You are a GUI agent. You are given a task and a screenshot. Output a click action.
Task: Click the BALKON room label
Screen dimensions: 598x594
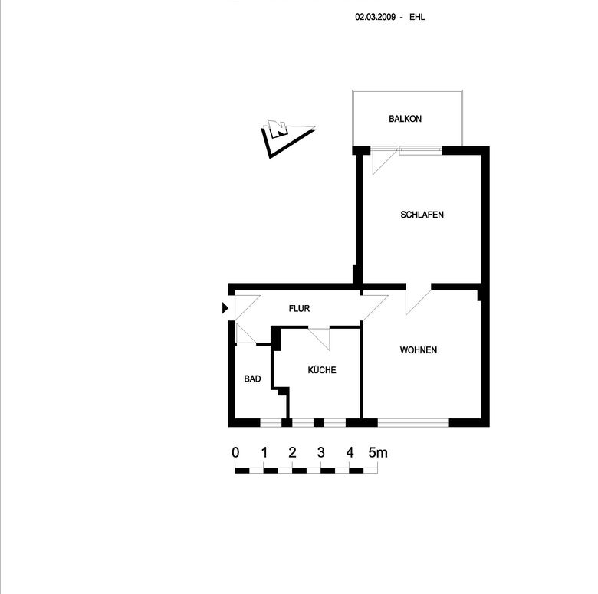(405, 119)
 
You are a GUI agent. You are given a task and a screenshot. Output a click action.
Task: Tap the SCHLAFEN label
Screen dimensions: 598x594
(422, 215)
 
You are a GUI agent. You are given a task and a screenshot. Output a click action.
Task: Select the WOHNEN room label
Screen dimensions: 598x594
(419, 350)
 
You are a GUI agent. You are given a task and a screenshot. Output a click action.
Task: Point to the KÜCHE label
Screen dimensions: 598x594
(322, 370)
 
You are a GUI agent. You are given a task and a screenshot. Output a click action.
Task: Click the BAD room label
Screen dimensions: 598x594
(252, 379)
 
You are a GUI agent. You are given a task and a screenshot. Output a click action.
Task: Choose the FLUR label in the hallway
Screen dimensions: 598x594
(299, 308)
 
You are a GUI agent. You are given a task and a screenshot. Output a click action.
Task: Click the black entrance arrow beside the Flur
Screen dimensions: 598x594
(225, 307)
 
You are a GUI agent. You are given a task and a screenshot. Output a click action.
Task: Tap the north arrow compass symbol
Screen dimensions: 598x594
(288, 139)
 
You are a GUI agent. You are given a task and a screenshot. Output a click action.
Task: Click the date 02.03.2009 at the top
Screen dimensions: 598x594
(375, 17)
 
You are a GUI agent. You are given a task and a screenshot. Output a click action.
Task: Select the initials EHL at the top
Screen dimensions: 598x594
(417, 17)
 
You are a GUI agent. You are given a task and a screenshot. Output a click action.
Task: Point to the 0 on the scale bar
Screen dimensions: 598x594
(235, 452)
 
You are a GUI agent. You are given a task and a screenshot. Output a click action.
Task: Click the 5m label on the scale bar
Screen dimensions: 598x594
(378, 452)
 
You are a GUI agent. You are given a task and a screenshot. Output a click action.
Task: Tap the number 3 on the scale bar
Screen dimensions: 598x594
(321, 452)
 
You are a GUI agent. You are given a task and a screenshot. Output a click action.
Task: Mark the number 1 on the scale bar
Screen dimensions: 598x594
(264, 452)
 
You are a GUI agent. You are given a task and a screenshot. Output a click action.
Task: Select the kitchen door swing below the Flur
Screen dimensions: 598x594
(320, 338)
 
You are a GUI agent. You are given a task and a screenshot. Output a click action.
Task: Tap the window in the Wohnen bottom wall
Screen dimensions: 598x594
(413, 422)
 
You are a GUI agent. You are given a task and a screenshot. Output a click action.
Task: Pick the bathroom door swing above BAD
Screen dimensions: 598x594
(246, 334)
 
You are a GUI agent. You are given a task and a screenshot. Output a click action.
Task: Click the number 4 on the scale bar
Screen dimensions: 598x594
(350, 452)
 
